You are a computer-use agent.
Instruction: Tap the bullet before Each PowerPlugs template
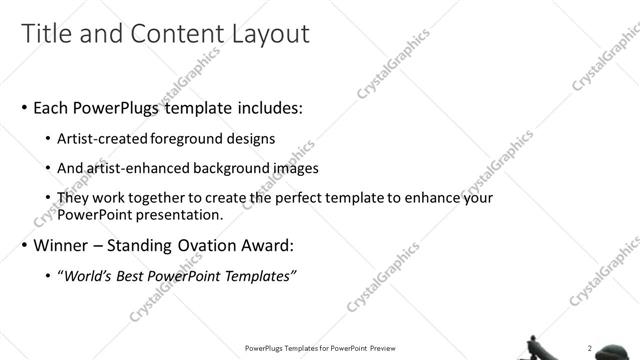coord(25,107)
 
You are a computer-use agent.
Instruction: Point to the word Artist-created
coord(96,139)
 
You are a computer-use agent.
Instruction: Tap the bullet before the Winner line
coord(25,245)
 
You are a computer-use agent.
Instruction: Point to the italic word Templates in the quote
coord(261,276)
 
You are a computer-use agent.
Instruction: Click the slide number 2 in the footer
coord(589,348)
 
